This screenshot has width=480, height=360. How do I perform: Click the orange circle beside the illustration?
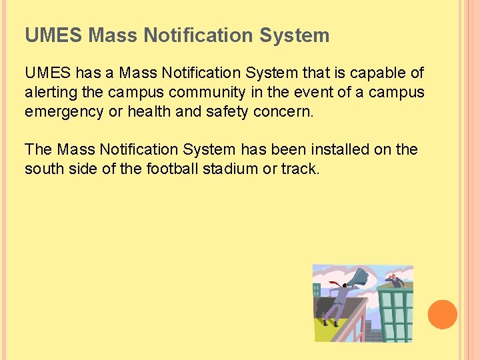443,314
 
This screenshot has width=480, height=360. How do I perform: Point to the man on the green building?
395,280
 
